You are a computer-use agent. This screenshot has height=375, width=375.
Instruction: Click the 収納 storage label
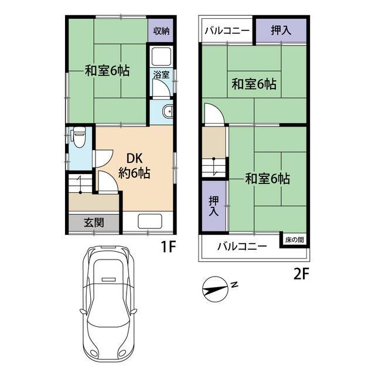(x=162, y=32)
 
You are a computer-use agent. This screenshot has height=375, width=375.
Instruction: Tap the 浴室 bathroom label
(x=162, y=74)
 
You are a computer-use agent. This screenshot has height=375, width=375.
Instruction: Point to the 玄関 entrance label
(x=94, y=223)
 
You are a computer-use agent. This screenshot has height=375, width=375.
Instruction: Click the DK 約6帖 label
(x=135, y=166)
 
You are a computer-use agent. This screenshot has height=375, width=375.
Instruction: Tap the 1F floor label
(x=169, y=248)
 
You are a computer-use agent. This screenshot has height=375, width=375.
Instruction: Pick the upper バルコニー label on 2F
(x=227, y=30)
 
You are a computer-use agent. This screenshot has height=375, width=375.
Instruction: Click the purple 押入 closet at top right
(x=280, y=30)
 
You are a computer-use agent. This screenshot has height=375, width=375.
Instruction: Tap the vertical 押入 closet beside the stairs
(x=214, y=205)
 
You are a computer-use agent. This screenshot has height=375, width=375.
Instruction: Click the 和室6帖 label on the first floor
(x=107, y=71)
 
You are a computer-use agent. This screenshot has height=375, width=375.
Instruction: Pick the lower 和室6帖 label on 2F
(x=267, y=178)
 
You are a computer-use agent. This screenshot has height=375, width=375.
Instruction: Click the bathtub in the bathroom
(x=161, y=58)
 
